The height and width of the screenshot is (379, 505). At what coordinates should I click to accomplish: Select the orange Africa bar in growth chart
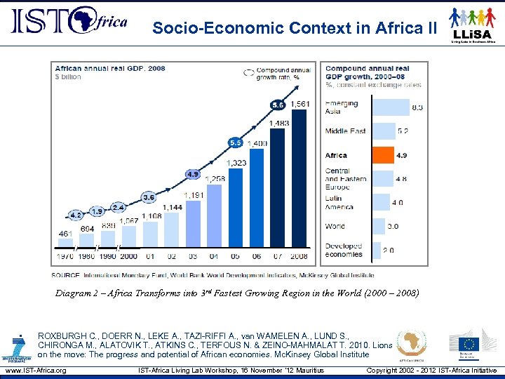coord(383,155)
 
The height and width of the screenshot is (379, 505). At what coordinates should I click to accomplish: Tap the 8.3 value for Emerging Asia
coord(417,107)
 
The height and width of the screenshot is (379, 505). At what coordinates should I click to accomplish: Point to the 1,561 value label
coord(300,104)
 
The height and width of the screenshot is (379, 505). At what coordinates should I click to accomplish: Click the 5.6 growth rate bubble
coord(278,105)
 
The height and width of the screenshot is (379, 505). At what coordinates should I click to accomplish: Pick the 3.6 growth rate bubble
coord(149,197)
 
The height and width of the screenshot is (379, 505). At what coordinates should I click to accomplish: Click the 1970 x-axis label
coord(65,257)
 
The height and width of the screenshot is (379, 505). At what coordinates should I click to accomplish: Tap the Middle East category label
coord(345,131)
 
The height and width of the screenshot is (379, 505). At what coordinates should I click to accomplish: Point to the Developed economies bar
coord(377,251)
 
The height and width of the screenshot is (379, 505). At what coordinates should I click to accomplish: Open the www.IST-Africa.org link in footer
coord(34,371)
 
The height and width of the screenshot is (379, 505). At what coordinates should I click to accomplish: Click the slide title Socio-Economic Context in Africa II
coord(295,28)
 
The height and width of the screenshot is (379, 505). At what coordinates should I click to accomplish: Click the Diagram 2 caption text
coord(237,293)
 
